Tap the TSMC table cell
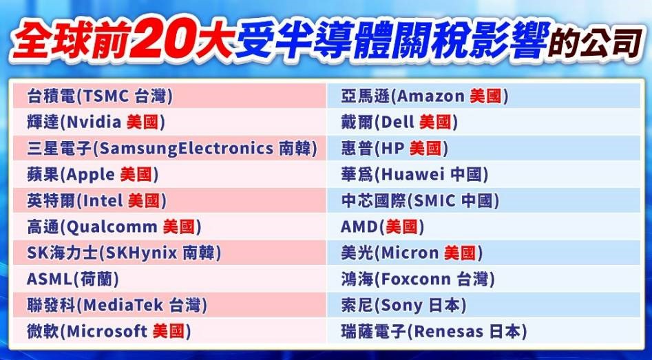100,96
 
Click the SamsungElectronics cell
172,149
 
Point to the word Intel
104,201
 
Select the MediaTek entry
117,305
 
